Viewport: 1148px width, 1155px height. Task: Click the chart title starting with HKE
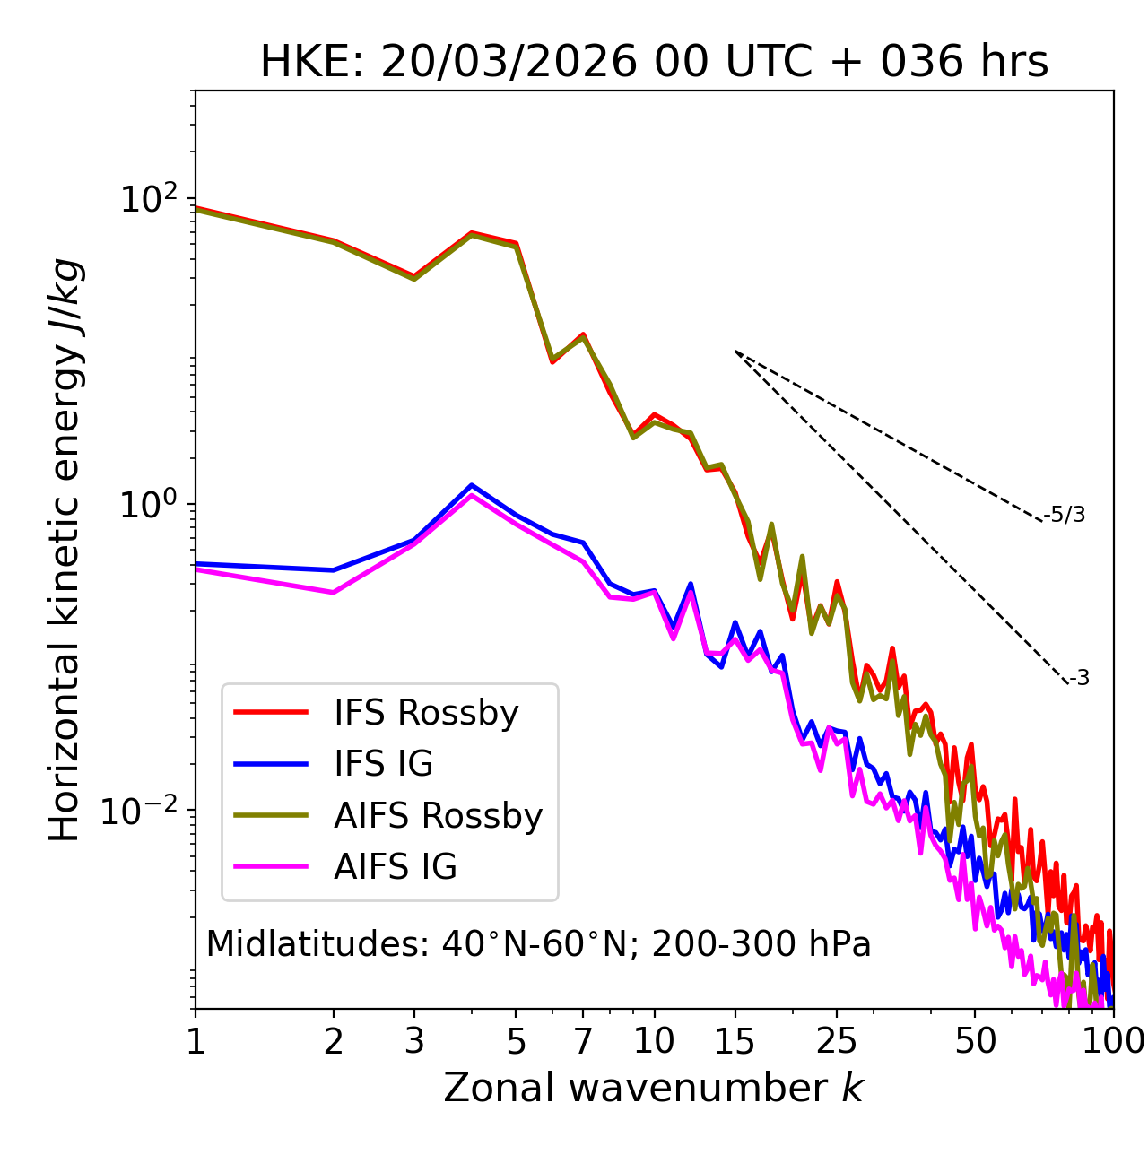654,63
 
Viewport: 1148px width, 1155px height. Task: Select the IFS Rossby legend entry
426,713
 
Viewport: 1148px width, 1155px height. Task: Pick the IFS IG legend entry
383,764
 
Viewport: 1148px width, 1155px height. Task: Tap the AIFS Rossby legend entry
438,816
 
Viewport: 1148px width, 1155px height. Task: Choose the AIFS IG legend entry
396,867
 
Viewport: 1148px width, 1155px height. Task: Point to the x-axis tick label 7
583,1041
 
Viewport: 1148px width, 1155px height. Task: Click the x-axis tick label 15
735,1041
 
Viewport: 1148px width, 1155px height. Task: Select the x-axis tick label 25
837,1041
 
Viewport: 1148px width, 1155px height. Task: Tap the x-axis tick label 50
975,1041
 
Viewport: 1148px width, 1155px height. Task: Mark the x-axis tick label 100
1113,1041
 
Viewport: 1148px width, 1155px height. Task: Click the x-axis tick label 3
414,1041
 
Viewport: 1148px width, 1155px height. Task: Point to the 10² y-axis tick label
147,199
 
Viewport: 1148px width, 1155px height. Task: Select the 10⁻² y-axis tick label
143,811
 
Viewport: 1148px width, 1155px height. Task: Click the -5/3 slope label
1065,515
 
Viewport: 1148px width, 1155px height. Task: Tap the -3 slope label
1079,679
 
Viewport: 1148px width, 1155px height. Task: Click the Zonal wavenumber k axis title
653,1088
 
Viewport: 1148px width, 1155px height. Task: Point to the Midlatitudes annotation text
538,944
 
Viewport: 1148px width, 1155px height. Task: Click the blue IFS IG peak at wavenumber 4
472,485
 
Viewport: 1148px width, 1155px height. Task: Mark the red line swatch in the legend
271,713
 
